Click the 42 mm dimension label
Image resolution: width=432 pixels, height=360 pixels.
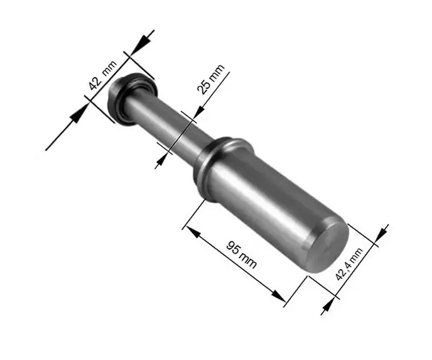[x=103, y=75]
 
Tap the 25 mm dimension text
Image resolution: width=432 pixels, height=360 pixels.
[x=210, y=79]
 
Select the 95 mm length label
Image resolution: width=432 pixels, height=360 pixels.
[x=241, y=255]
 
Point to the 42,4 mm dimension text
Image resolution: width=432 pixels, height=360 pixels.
[x=349, y=264]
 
